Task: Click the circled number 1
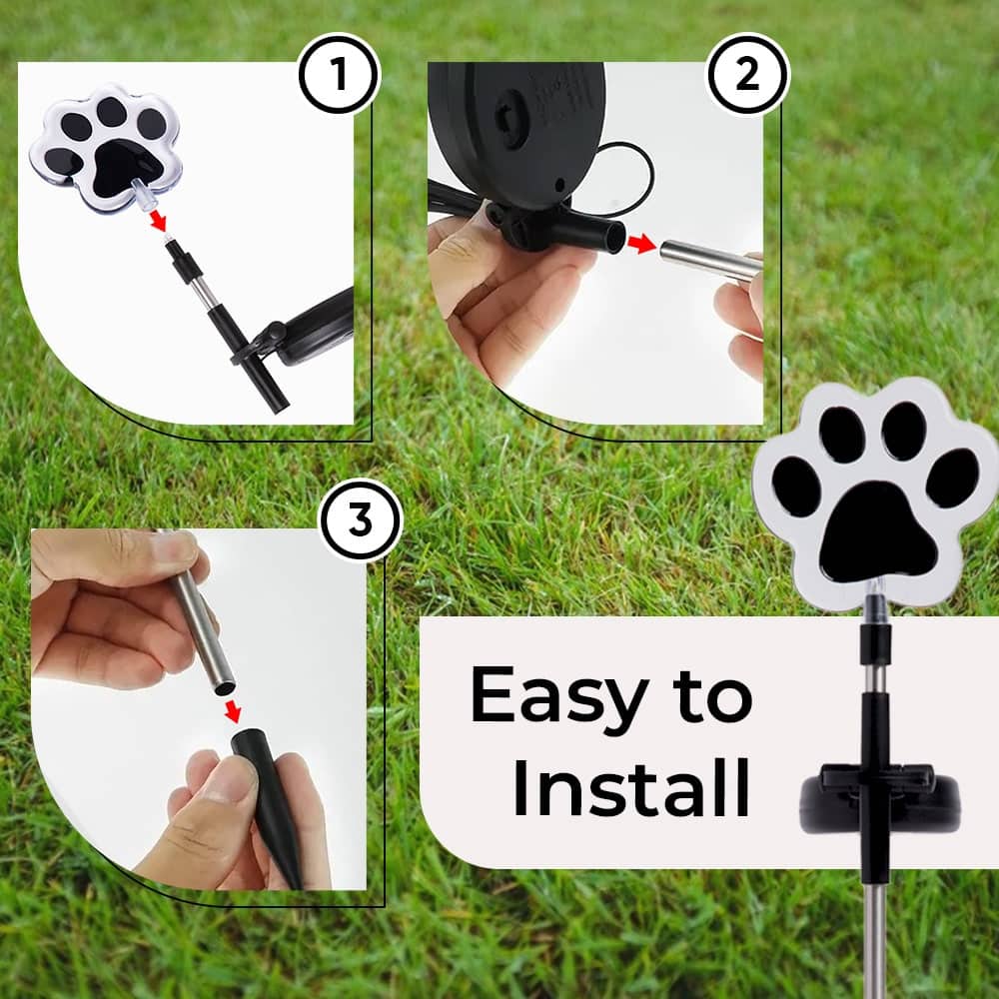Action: tap(339, 74)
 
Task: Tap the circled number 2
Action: tap(748, 74)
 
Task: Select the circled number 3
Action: tap(361, 519)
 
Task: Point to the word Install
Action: tap(631, 787)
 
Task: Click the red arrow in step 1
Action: tap(158, 221)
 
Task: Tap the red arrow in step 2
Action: tap(641, 244)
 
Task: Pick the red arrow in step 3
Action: tap(233, 711)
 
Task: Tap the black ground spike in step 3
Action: tap(269, 806)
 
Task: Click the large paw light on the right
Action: tap(874, 492)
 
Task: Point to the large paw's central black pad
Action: tap(878, 532)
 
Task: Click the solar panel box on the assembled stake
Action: tap(879, 798)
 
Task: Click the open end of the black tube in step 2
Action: tap(615, 237)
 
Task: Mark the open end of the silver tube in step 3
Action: tap(224, 688)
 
